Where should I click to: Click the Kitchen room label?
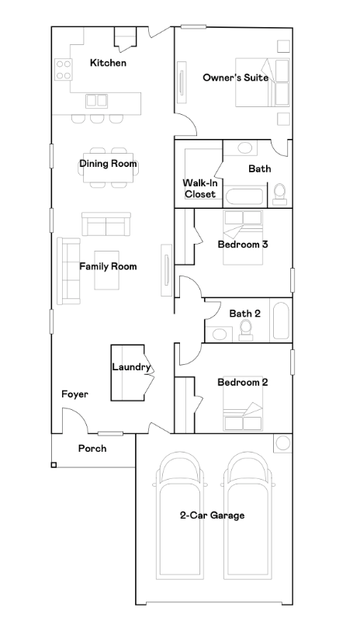pos(108,63)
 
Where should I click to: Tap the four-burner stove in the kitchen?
pos(63,69)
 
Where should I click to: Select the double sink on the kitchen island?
pos(97,101)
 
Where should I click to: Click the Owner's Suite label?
pos(236,77)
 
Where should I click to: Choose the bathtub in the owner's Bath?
pos(244,197)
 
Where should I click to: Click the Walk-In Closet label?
pos(200,189)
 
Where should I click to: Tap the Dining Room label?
pos(108,163)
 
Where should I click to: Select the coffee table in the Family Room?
pos(107,270)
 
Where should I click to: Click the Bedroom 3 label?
pos(243,244)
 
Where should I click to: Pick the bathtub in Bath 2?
pos(281,321)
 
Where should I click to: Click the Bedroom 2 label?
pos(243,382)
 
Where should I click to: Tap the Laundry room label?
pos(131,367)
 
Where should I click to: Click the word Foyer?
pos(74,394)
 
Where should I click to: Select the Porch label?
pos(92,449)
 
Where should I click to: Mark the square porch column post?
pos(54,464)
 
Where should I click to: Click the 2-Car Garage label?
pos(213,515)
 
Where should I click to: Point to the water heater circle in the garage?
pos(282,442)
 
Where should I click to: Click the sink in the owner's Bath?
pos(244,148)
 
